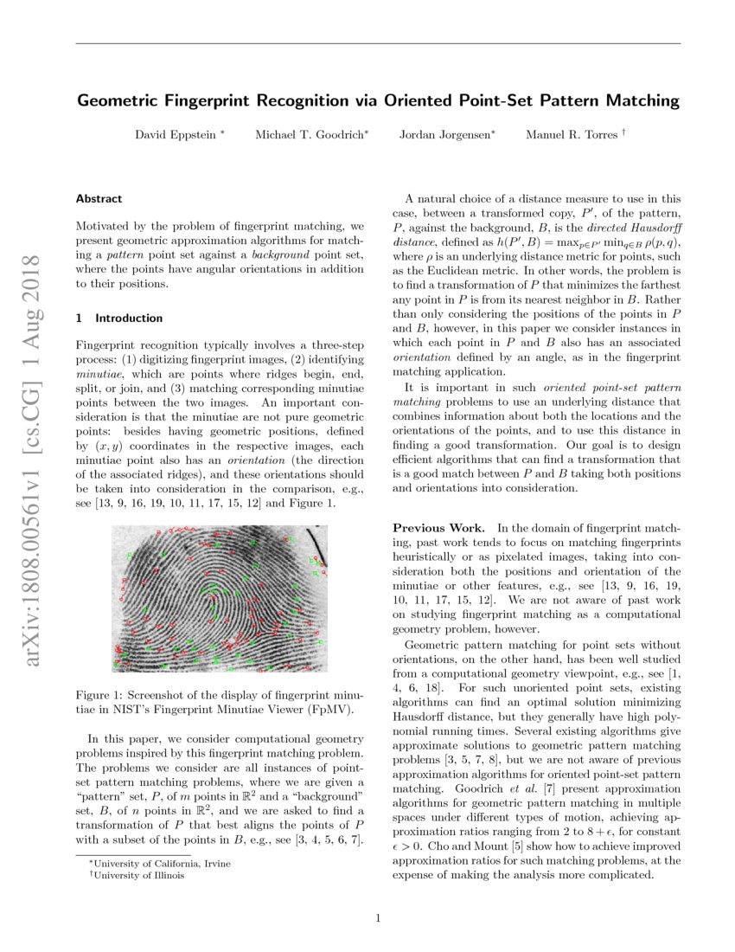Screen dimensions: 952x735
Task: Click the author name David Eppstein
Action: (176, 135)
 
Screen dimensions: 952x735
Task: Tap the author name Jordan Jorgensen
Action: (444, 135)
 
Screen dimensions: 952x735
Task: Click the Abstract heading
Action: (99, 198)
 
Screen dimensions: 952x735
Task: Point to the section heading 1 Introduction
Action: (119, 318)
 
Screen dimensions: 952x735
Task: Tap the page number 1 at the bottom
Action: (378, 918)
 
